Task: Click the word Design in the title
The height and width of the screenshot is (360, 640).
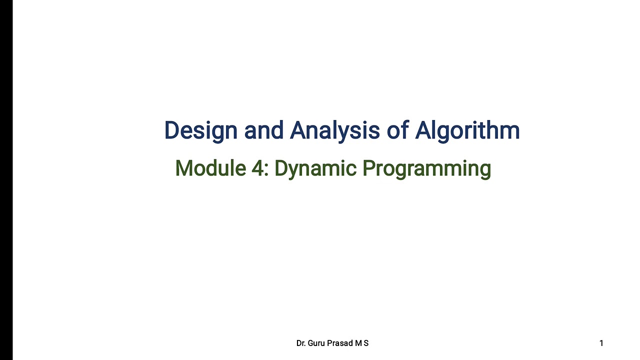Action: point(201,130)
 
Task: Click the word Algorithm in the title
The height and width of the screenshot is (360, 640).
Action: point(467,130)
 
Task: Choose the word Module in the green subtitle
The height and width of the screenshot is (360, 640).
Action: point(210,168)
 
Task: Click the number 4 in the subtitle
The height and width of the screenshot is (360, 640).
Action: point(256,168)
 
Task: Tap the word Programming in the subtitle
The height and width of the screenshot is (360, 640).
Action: point(426,168)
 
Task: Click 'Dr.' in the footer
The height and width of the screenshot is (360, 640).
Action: point(301,343)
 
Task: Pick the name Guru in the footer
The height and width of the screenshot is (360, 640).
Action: point(317,343)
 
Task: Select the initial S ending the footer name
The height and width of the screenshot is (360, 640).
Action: point(366,343)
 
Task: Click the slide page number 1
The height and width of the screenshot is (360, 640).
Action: point(601,343)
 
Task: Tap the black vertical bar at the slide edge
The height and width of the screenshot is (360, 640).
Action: point(6,180)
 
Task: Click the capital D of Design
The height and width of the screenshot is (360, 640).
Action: point(172,130)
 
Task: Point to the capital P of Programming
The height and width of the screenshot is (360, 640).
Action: point(368,168)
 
